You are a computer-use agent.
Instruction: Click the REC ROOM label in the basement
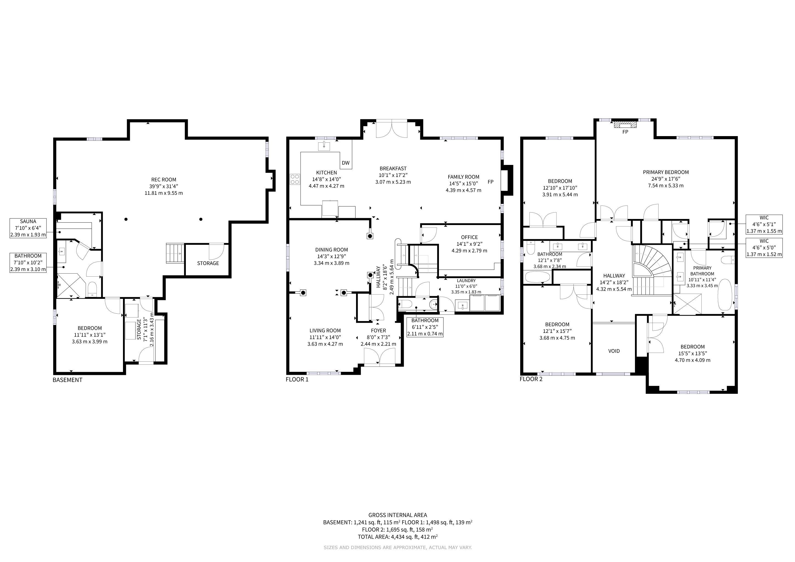click(x=163, y=180)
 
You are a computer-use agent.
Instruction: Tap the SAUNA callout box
click(x=28, y=228)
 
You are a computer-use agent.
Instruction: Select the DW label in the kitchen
click(x=346, y=163)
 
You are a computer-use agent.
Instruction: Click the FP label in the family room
click(x=490, y=182)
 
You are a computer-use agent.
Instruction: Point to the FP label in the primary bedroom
click(x=625, y=132)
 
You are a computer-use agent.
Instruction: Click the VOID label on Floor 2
click(x=614, y=351)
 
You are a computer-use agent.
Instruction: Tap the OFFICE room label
click(x=469, y=237)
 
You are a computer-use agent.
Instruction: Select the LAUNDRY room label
click(x=466, y=280)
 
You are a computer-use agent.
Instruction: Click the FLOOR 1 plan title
click(x=297, y=379)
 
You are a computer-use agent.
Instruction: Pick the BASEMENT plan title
click(x=68, y=380)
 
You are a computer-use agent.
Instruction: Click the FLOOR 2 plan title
click(x=531, y=379)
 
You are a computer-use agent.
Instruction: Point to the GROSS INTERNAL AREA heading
click(x=398, y=515)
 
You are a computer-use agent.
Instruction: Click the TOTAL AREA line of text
click(x=398, y=537)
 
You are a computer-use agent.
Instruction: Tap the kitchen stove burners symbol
click(x=295, y=179)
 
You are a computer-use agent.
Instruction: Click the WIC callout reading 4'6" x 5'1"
click(x=764, y=224)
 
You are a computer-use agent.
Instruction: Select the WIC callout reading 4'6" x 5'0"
click(x=764, y=248)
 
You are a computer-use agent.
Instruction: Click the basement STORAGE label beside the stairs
click(x=208, y=263)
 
